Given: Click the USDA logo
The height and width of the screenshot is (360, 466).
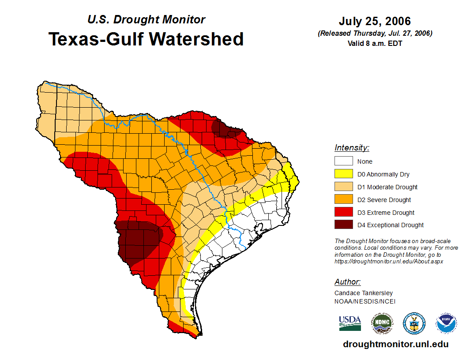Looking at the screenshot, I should coord(350,323).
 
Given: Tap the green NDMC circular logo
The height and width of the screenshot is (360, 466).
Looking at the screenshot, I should coord(382,323).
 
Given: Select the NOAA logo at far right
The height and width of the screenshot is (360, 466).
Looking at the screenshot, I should coord(446,323).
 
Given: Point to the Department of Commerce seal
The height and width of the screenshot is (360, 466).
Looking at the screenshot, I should coord(414,323).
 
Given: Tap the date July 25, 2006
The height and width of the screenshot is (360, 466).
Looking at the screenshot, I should coord(375,21).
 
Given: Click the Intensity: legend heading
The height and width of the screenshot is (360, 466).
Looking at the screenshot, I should coord(352,148).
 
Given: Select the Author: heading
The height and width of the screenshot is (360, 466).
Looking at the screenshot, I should coord(347,282).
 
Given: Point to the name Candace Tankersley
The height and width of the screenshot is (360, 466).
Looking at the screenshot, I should coord(364,293).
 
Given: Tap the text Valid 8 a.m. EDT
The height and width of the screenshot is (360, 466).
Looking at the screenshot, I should coord(375,43).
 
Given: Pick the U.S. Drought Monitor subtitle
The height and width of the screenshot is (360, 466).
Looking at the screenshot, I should coord(146,20).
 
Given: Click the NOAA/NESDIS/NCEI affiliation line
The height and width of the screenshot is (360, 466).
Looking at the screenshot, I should coord(365,301).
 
